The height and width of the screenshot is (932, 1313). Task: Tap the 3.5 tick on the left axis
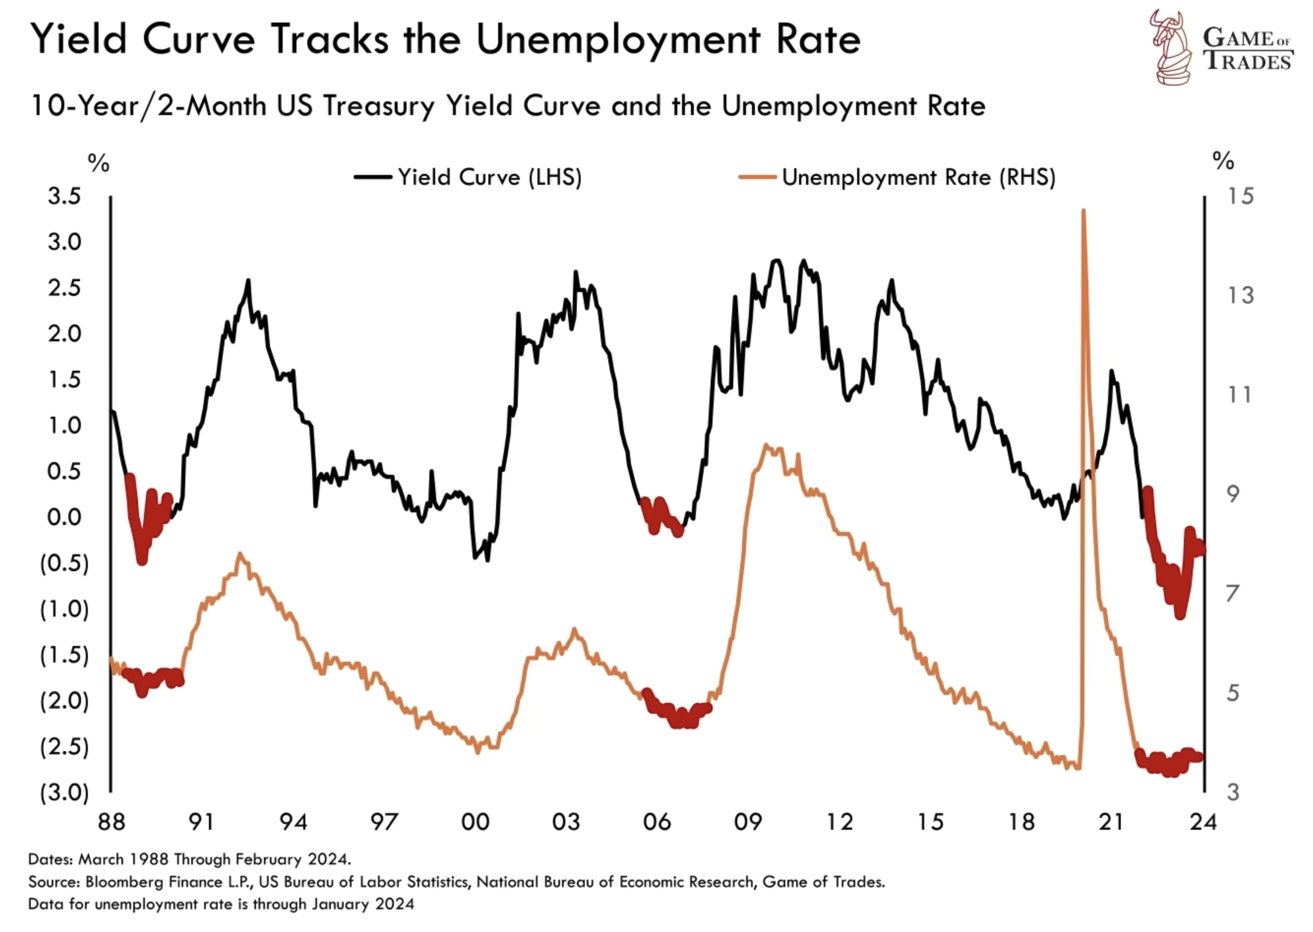[64, 196]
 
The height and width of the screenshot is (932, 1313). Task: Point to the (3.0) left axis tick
[64, 792]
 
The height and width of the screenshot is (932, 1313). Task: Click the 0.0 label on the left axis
[64, 517]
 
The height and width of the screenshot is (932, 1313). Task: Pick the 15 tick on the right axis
[1240, 196]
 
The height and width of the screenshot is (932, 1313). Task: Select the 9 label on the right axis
[1233, 494]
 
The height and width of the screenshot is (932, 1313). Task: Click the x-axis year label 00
[475, 822]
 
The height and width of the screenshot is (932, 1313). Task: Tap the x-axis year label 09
[748, 822]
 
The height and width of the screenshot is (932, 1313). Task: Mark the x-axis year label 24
[1203, 822]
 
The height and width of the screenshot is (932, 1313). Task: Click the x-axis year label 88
[111, 822]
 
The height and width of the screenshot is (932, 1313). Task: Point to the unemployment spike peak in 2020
[1083, 211]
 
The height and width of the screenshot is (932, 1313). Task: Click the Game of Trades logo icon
[1173, 47]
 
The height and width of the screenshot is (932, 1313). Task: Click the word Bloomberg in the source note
[125, 882]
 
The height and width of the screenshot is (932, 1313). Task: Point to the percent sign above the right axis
[1223, 161]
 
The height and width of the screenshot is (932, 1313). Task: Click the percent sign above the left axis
[98, 163]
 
